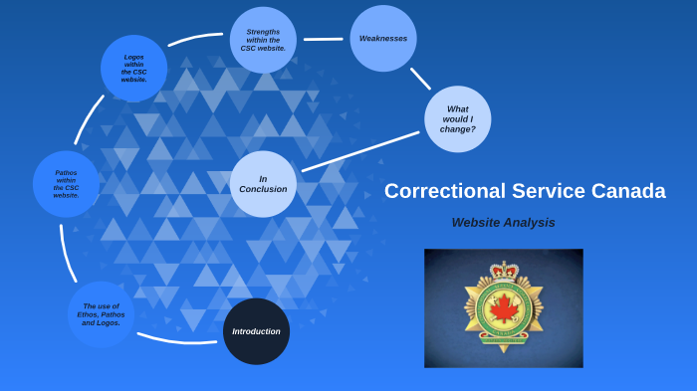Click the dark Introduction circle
(x=256, y=331)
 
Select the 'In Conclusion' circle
(x=263, y=184)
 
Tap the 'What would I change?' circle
(x=457, y=119)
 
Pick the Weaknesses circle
(x=383, y=39)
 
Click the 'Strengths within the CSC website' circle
(x=263, y=40)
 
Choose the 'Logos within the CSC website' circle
(x=133, y=69)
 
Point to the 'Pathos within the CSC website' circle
(x=66, y=184)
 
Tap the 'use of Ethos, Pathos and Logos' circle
(x=101, y=314)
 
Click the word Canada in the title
(x=626, y=191)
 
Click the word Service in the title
(x=546, y=191)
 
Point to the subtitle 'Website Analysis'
(x=503, y=223)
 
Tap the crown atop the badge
(x=504, y=270)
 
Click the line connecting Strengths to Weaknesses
(x=323, y=40)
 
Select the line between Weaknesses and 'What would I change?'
(x=420, y=79)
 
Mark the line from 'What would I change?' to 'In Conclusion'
(x=359, y=151)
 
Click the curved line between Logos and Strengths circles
(x=194, y=39)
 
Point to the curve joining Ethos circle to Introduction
(x=174, y=340)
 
